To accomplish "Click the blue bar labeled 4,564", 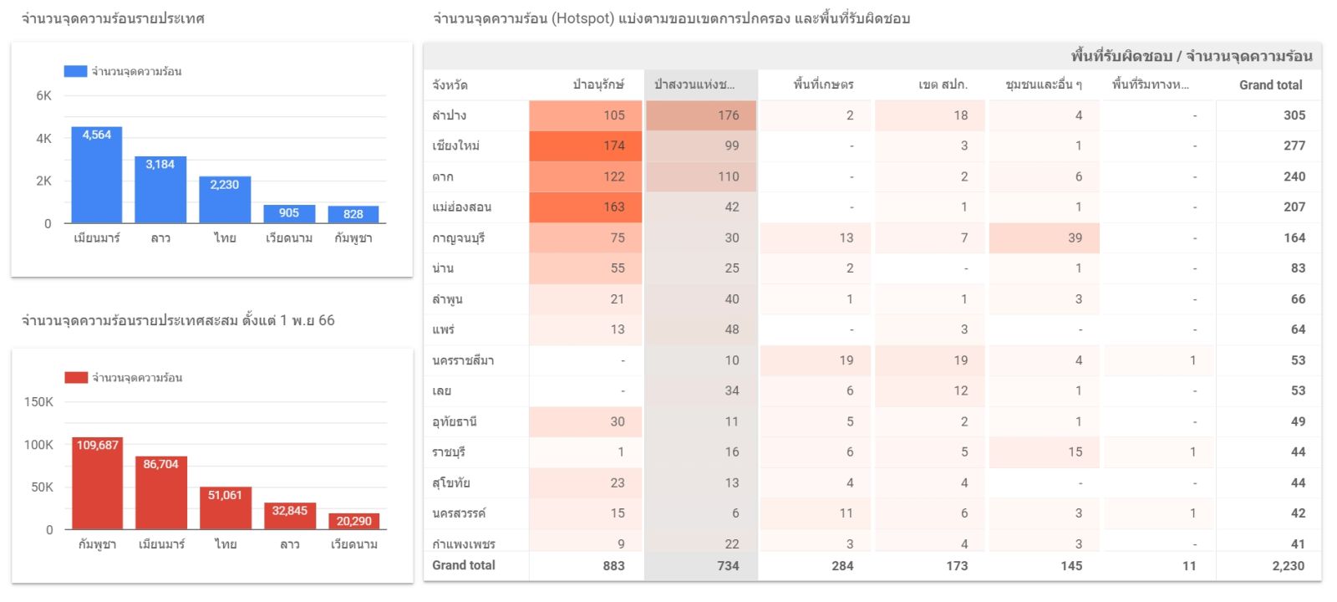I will pyautogui.click(x=97, y=175).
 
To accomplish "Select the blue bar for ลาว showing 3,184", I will pyautogui.click(x=160, y=190).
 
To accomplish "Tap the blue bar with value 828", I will pyautogui.click(x=353, y=215).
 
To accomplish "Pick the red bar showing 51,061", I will pyautogui.click(x=225, y=508).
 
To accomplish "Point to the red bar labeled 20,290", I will pyautogui.click(x=353, y=522).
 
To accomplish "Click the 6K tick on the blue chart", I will pyautogui.click(x=43, y=96).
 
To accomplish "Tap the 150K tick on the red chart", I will pyautogui.click(x=38, y=402).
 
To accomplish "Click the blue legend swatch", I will pyautogui.click(x=75, y=71).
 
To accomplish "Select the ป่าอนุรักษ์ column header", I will pyautogui.click(x=598, y=84).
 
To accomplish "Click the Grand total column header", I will pyautogui.click(x=1270, y=84).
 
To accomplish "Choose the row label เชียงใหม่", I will pyautogui.click(x=455, y=145).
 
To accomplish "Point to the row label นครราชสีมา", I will pyautogui.click(x=463, y=360).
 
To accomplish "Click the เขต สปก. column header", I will pyautogui.click(x=943, y=84).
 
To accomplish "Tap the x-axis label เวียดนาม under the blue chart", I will pyautogui.click(x=289, y=238).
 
